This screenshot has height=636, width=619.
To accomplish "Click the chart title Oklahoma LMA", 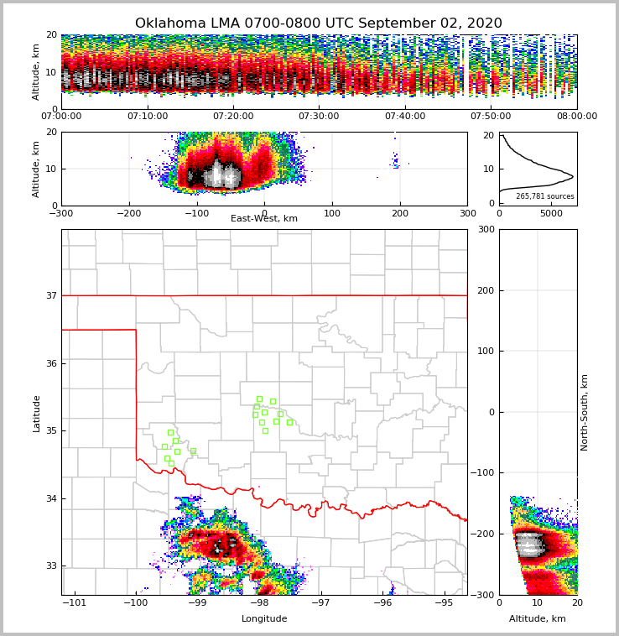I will coord(318,23).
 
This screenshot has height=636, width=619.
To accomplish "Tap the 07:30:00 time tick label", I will coord(319,117).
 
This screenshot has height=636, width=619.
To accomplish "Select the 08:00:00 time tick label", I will coord(576,117).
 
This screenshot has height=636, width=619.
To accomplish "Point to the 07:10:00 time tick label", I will coord(147,117).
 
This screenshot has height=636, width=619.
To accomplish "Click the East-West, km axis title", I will coord(264,219).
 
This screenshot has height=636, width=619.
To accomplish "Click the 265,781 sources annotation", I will coord(545,196).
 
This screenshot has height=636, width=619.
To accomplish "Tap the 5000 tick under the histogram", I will coord(551,214).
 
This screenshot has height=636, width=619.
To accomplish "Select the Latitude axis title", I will coord(37,413).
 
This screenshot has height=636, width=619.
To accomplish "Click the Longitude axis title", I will coord(264,619).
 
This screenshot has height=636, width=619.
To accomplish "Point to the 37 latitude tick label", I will coord(50,296).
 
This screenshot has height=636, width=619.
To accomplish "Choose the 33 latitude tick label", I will coord(50,566).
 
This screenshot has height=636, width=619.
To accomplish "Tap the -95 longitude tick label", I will coord(444,603).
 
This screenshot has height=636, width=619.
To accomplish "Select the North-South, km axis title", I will coord(585,412).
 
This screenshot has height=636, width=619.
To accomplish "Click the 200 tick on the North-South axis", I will coord(485,290).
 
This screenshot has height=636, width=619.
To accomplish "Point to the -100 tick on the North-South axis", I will coord(483,473).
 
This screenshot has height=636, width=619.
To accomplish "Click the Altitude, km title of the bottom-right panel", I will coord(538,619).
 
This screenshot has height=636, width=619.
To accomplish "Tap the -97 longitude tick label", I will coord(321,603).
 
